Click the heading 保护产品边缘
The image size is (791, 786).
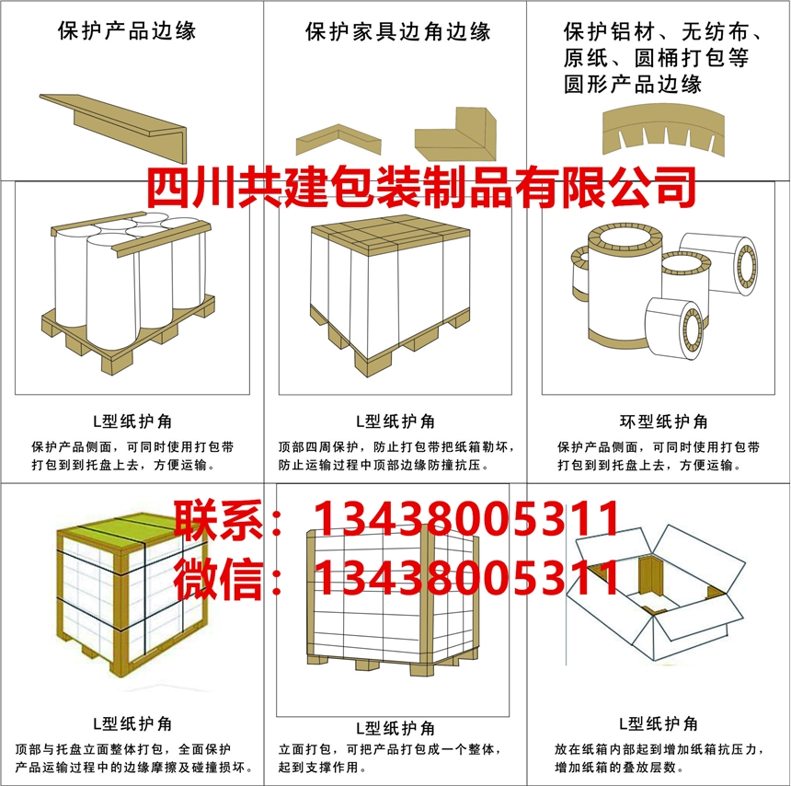click(x=127, y=31)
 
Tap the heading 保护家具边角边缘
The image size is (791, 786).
click(x=398, y=31)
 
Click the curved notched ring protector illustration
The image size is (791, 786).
click(x=663, y=130)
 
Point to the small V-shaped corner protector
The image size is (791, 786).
click(x=338, y=140)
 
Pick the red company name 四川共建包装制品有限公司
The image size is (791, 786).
click(x=421, y=187)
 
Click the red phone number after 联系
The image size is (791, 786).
click(x=466, y=518)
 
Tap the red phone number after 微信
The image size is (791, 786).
click(x=466, y=578)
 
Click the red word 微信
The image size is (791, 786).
click(x=218, y=579)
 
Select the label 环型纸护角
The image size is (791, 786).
click(x=663, y=421)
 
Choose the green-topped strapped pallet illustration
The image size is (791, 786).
click(x=132, y=595)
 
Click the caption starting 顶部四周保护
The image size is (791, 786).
click(x=396, y=456)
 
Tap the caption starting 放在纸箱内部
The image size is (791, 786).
click(x=659, y=758)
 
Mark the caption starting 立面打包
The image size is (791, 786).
click(x=389, y=758)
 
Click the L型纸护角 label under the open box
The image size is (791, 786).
click(x=659, y=724)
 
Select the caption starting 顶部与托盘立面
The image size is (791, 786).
click(x=133, y=758)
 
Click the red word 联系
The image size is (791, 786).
click(x=218, y=519)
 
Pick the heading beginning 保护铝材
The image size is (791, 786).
click(x=662, y=58)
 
